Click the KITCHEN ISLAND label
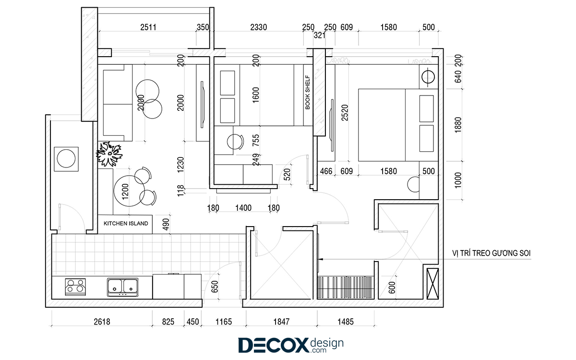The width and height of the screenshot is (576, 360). click(x=126, y=224)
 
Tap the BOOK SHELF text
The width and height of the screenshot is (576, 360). click(x=308, y=92)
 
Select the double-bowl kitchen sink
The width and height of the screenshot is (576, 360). click(x=123, y=287)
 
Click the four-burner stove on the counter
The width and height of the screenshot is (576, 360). click(x=75, y=287)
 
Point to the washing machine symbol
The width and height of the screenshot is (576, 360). click(x=66, y=159)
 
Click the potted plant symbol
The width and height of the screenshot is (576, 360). click(x=109, y=154)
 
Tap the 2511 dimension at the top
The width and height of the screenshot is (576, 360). click(x=148, y=27)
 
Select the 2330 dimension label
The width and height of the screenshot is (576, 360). click(x=258, y=27)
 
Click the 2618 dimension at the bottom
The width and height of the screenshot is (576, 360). click(x=102, y=322)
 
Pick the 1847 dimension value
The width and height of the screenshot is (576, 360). click(x=281, y=322)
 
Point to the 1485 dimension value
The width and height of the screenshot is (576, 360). click(x=345, y=322)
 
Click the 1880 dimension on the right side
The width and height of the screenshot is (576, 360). click(x=458, y=125)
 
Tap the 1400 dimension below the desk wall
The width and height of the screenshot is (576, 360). click(x=243, y=208)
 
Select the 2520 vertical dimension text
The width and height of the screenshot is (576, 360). click(x=345, y=113)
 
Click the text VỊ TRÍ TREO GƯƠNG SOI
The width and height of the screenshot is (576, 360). click(x=491, y=253)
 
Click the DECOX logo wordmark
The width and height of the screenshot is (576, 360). click(x=273, y=345)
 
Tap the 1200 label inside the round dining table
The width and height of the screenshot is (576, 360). click(x=125, y=192)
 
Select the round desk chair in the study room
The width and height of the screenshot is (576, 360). click(x=235, y=142)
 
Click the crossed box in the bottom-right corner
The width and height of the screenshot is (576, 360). click(x=432, y=284)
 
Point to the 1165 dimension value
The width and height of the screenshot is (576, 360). click(x=224, y=322)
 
